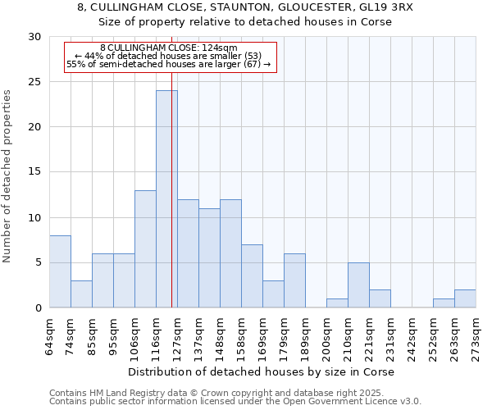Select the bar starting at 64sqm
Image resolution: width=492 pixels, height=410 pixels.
60,271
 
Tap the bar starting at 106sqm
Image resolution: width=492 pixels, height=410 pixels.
145,249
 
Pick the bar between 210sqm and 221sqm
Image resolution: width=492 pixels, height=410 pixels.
358,285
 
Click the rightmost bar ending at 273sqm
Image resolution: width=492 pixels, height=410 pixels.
465,298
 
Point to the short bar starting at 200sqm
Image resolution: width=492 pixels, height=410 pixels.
337,303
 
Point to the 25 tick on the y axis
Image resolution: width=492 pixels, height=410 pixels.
35,82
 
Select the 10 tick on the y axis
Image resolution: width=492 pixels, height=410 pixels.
35,217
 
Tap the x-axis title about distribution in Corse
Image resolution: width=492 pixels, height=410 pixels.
262,371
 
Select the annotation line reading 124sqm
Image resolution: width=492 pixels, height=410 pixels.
169,48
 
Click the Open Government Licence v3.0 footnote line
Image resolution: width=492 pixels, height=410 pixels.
235,401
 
